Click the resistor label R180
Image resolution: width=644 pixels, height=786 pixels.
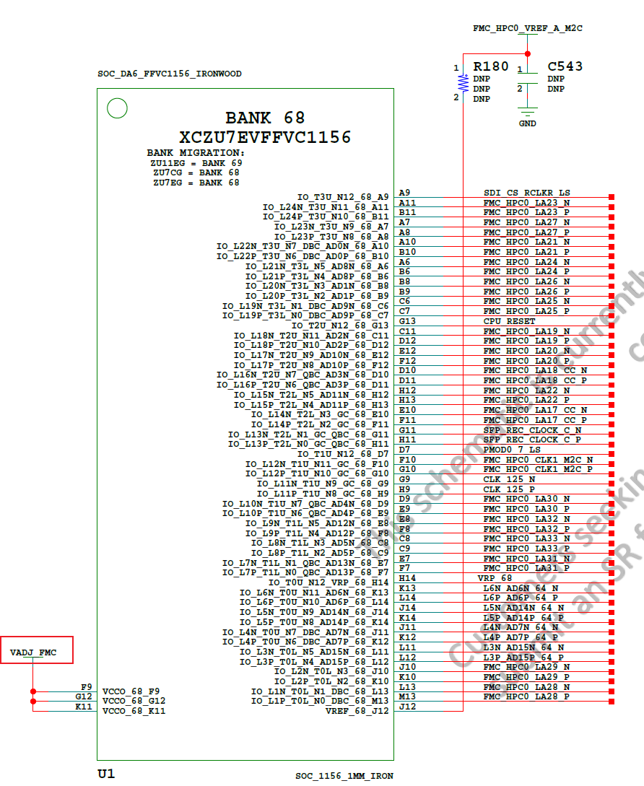[x=491, y=66]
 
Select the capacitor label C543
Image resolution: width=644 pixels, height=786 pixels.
[x=565, y=66]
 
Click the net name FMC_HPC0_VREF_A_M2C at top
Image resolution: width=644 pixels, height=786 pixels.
[x=527, y=28]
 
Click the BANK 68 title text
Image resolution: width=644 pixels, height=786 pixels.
[x=265, y=118]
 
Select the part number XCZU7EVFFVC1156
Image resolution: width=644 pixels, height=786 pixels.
[x=265, y=137]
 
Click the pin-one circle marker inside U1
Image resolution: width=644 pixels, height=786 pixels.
[x=117, y=108]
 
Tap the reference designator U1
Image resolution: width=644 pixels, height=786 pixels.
[x=106, y=774]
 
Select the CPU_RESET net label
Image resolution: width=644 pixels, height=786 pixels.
[x=509, y=321]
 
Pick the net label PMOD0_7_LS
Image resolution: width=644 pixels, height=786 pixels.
[x=512, y=450]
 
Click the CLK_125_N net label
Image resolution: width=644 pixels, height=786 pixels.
[x=509, y=479]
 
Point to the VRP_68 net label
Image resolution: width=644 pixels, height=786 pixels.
[x=494, y=578]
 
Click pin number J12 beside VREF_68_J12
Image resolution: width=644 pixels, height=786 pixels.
[x=407, y=707]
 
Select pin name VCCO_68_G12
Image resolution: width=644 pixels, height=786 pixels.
[x=134, y=701]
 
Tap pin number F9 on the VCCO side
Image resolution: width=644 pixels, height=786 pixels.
[x=87, y=687]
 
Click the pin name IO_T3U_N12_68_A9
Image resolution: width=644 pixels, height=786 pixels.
[x=343, y=197]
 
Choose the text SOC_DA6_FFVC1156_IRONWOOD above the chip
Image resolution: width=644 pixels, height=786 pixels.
[x=170, y=74]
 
